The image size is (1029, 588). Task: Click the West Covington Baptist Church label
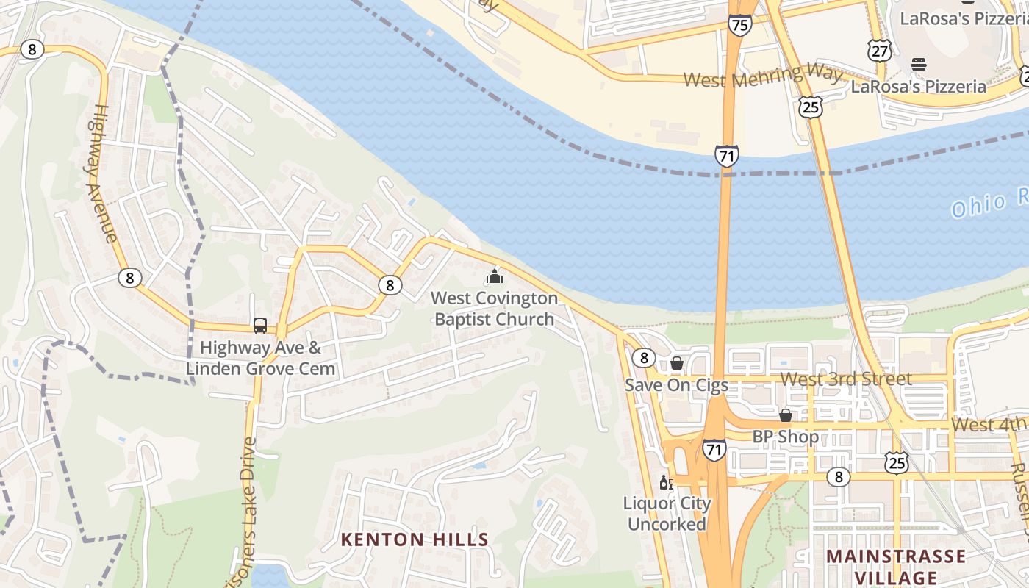(494, 309)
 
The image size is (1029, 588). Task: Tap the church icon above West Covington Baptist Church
(495, 277)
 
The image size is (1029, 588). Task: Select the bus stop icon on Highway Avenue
(260, 325)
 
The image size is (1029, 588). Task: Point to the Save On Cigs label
(676, 384)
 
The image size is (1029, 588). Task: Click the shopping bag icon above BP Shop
(785, 415)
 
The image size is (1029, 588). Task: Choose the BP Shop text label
(785, 437)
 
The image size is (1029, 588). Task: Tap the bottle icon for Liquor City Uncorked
(666, 483)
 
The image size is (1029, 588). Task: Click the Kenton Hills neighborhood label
(415, 539)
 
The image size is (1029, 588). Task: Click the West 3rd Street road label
(845, 379)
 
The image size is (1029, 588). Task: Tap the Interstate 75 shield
(740, 25)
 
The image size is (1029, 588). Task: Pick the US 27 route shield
(879, 50)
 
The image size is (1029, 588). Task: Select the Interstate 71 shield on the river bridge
(725, 155)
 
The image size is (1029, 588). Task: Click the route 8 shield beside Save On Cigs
(644, 358)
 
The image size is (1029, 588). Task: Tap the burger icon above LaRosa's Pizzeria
(919, 65)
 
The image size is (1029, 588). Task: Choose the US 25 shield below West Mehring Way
(809, 108)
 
